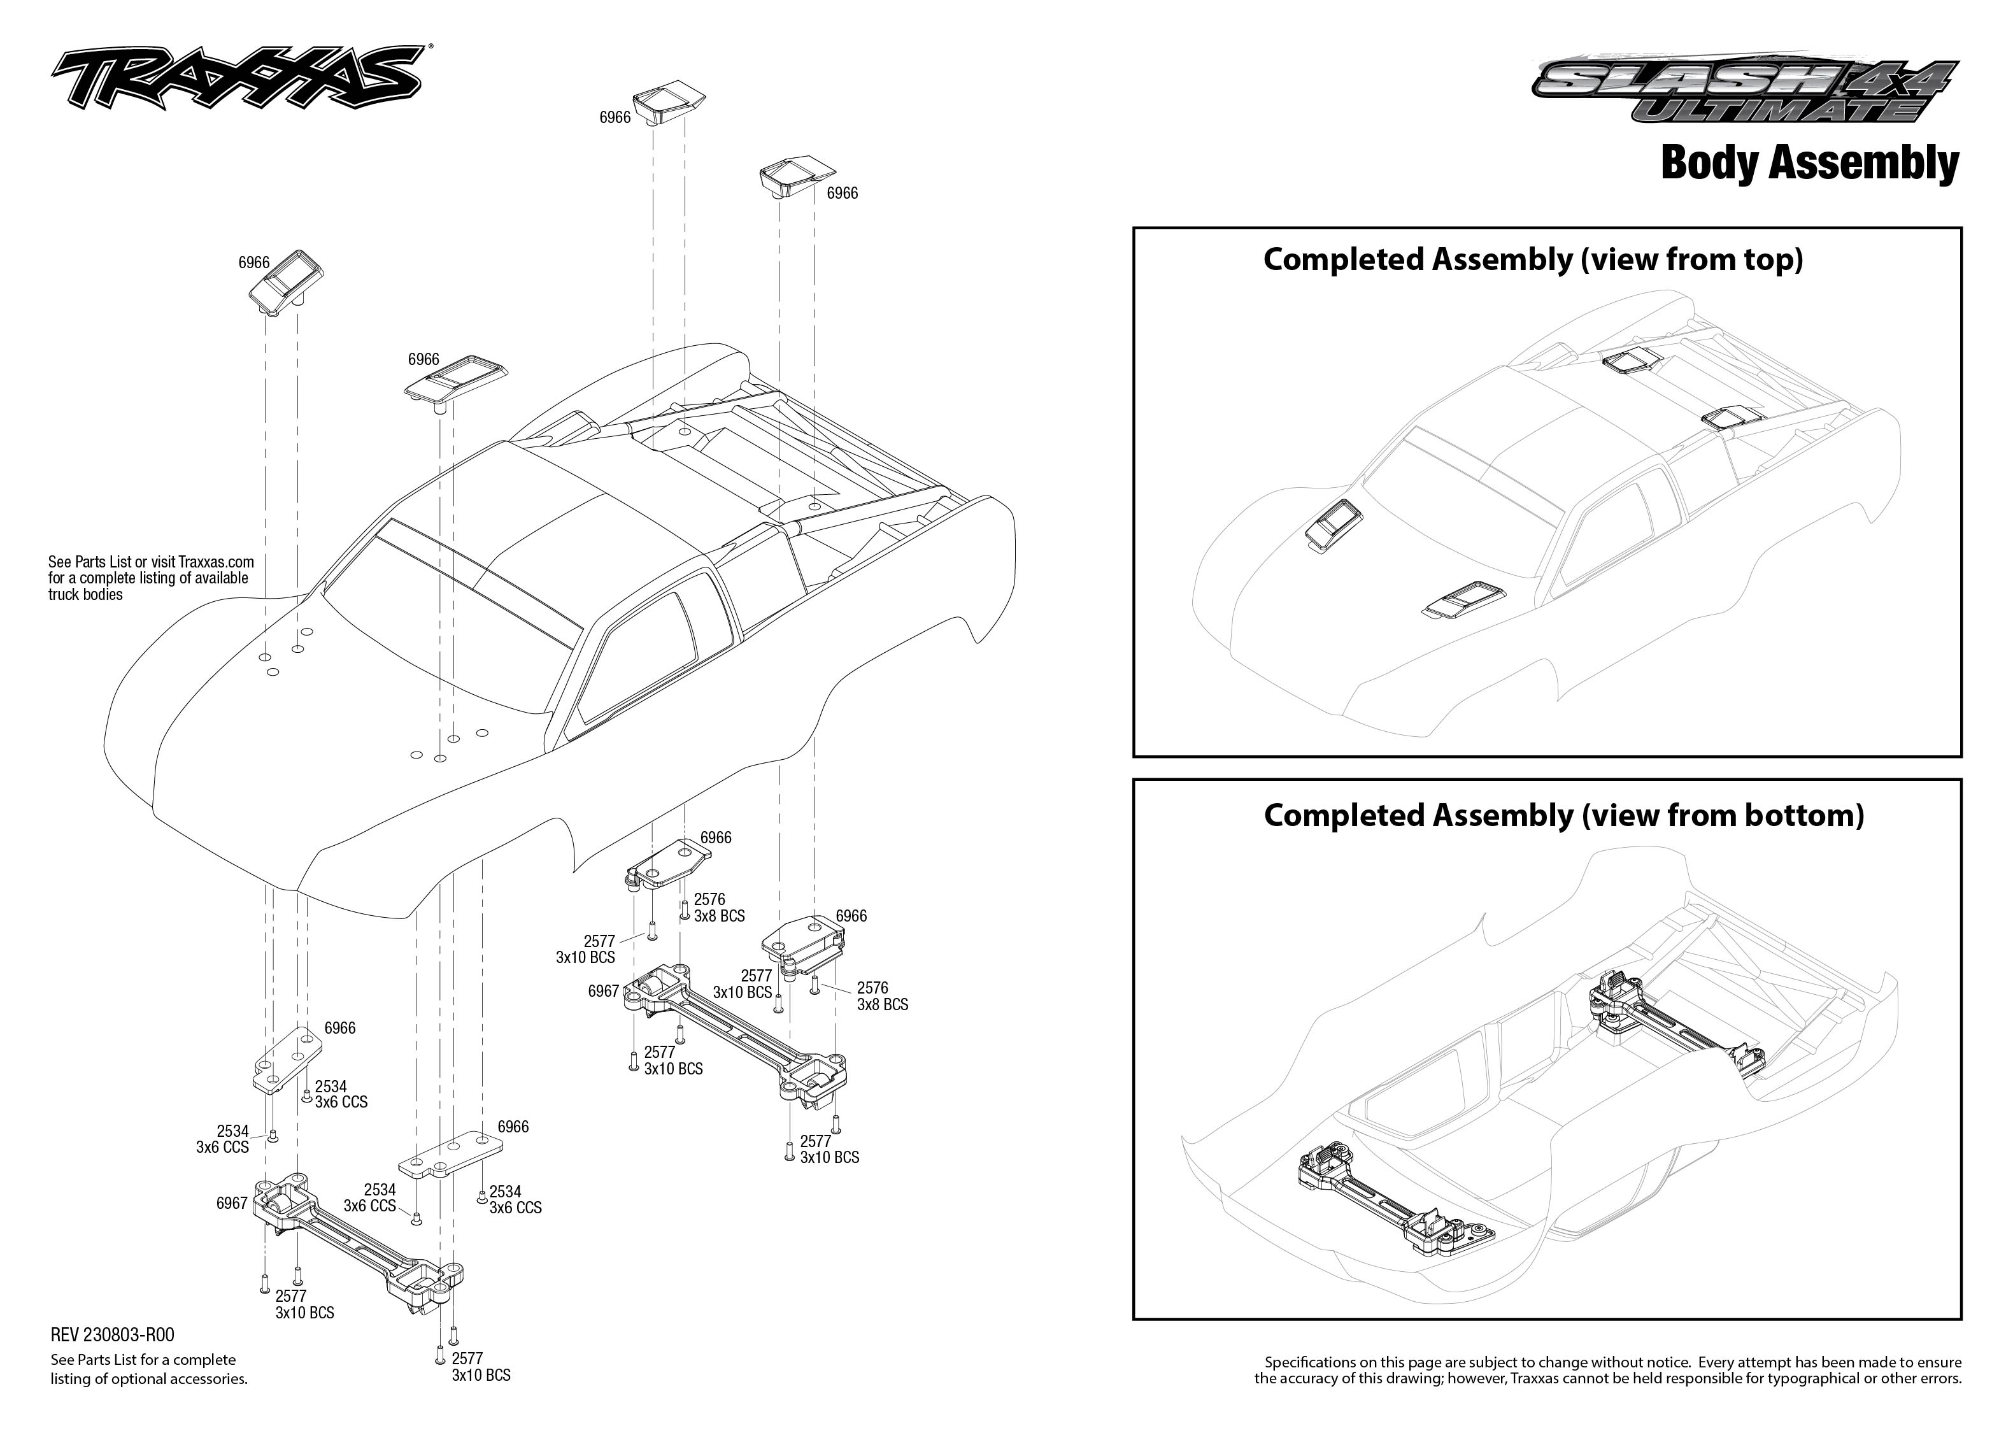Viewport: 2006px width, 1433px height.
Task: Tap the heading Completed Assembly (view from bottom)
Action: [1563, 815]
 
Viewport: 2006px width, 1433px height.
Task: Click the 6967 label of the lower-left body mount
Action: [231, 1204]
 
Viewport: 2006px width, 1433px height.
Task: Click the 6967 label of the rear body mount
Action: [603, 991]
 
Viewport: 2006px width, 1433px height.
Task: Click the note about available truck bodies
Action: [150, 578]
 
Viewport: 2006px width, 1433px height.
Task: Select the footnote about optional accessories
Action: [148, 1369]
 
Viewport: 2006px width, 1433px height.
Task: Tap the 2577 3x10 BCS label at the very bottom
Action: [480, 1367]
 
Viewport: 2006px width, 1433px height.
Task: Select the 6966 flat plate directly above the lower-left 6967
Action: [286, 1062]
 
